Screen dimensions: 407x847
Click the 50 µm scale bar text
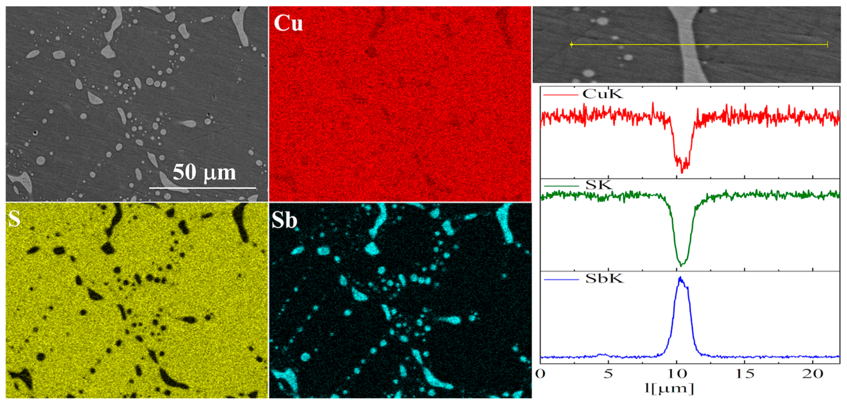point(204,172)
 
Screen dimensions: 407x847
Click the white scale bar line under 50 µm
point(203,188)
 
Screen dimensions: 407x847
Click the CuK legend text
point(603,94)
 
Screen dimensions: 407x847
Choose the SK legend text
point(599,185)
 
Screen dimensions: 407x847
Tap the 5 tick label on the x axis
point(608,374)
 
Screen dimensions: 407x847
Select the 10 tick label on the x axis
point(676,374)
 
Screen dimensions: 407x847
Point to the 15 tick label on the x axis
point(745,374)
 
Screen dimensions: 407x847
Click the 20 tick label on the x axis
point(813,374)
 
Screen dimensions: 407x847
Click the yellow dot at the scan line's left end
point(572,44)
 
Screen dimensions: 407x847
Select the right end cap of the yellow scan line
point(827,45)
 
